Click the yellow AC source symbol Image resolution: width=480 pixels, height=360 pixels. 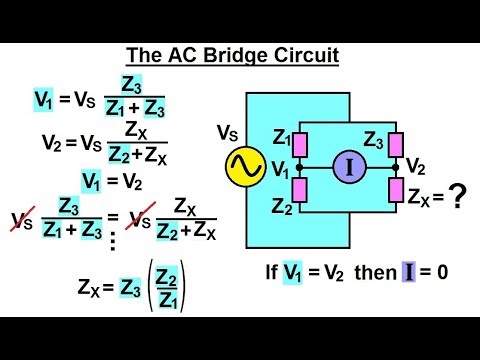pos(244,167)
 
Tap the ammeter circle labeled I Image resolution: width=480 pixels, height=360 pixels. pos(350,167)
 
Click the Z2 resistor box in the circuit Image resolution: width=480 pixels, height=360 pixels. pos(297,190)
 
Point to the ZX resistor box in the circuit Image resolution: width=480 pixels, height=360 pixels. pos(398,190)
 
